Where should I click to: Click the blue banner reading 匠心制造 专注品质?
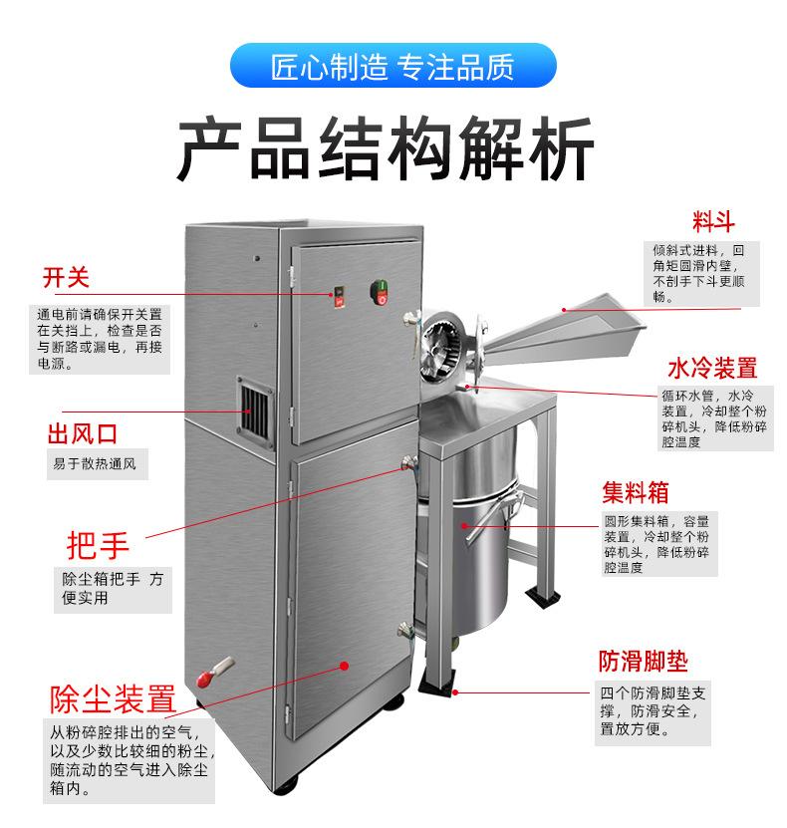coord(393,68)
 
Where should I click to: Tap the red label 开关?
coord(66,277)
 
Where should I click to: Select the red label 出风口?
coord(83,434)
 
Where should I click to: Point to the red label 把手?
coord(98,545)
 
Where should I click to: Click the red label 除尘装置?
coord(113,698)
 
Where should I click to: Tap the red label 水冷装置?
coord(711,369)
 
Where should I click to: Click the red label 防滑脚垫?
coord(643,661)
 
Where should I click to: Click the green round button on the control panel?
coord(380,292)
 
